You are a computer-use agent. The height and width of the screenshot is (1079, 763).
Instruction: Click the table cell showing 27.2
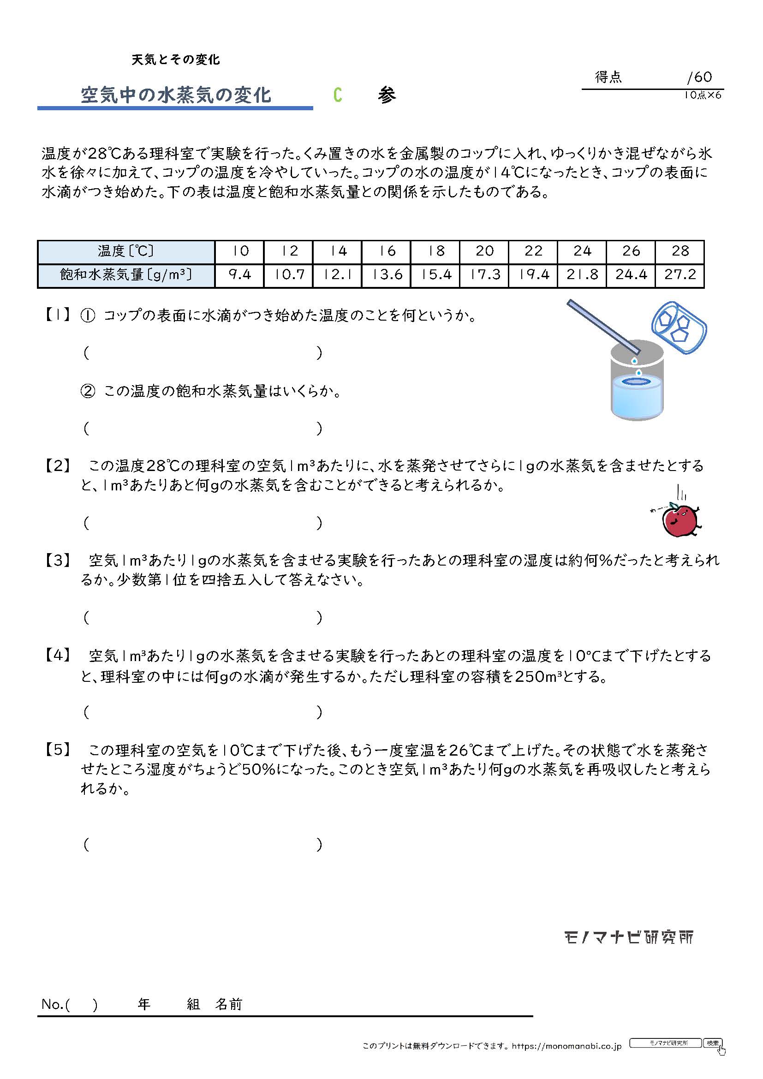pos(680,275)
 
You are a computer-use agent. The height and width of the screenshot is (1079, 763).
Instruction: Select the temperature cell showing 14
pos(337,251)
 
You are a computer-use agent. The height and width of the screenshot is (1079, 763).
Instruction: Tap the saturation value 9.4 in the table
pos(239,275)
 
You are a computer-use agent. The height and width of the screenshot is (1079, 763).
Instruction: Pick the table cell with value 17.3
pos(484,275)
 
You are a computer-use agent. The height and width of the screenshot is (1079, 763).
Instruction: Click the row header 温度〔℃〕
pos(126,251)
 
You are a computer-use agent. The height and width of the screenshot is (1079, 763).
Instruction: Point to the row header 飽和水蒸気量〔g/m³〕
pos(126,275)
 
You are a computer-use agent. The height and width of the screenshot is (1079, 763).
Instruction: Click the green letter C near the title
pos(337,95)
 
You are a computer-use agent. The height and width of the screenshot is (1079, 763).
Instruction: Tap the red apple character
pos(679,520)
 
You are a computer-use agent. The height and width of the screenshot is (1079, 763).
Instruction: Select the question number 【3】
pos(57,560)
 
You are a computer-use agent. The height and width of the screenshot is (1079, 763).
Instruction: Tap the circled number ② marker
pos(88,391)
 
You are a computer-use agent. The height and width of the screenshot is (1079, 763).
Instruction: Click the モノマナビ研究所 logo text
pos(628,937)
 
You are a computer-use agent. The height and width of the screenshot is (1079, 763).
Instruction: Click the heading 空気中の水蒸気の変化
pos(176,95)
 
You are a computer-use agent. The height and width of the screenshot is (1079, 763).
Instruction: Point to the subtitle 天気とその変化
pos(176,60)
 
